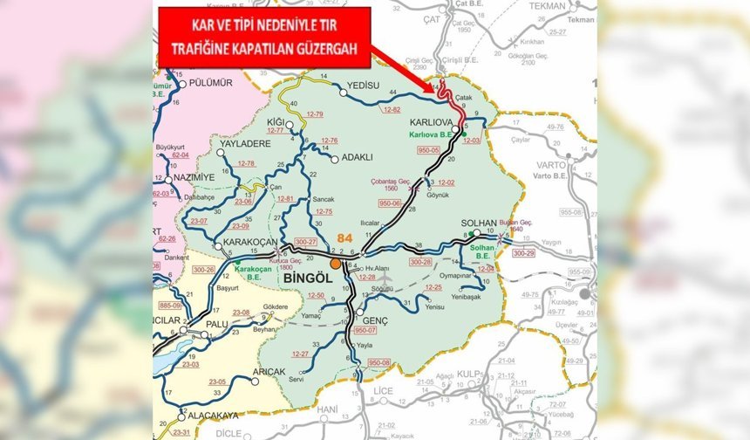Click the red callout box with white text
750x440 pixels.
[263, 38]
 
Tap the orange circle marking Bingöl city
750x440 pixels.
[336, 263]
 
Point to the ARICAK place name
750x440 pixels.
[269, 372]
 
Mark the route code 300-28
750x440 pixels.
[420, 262]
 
